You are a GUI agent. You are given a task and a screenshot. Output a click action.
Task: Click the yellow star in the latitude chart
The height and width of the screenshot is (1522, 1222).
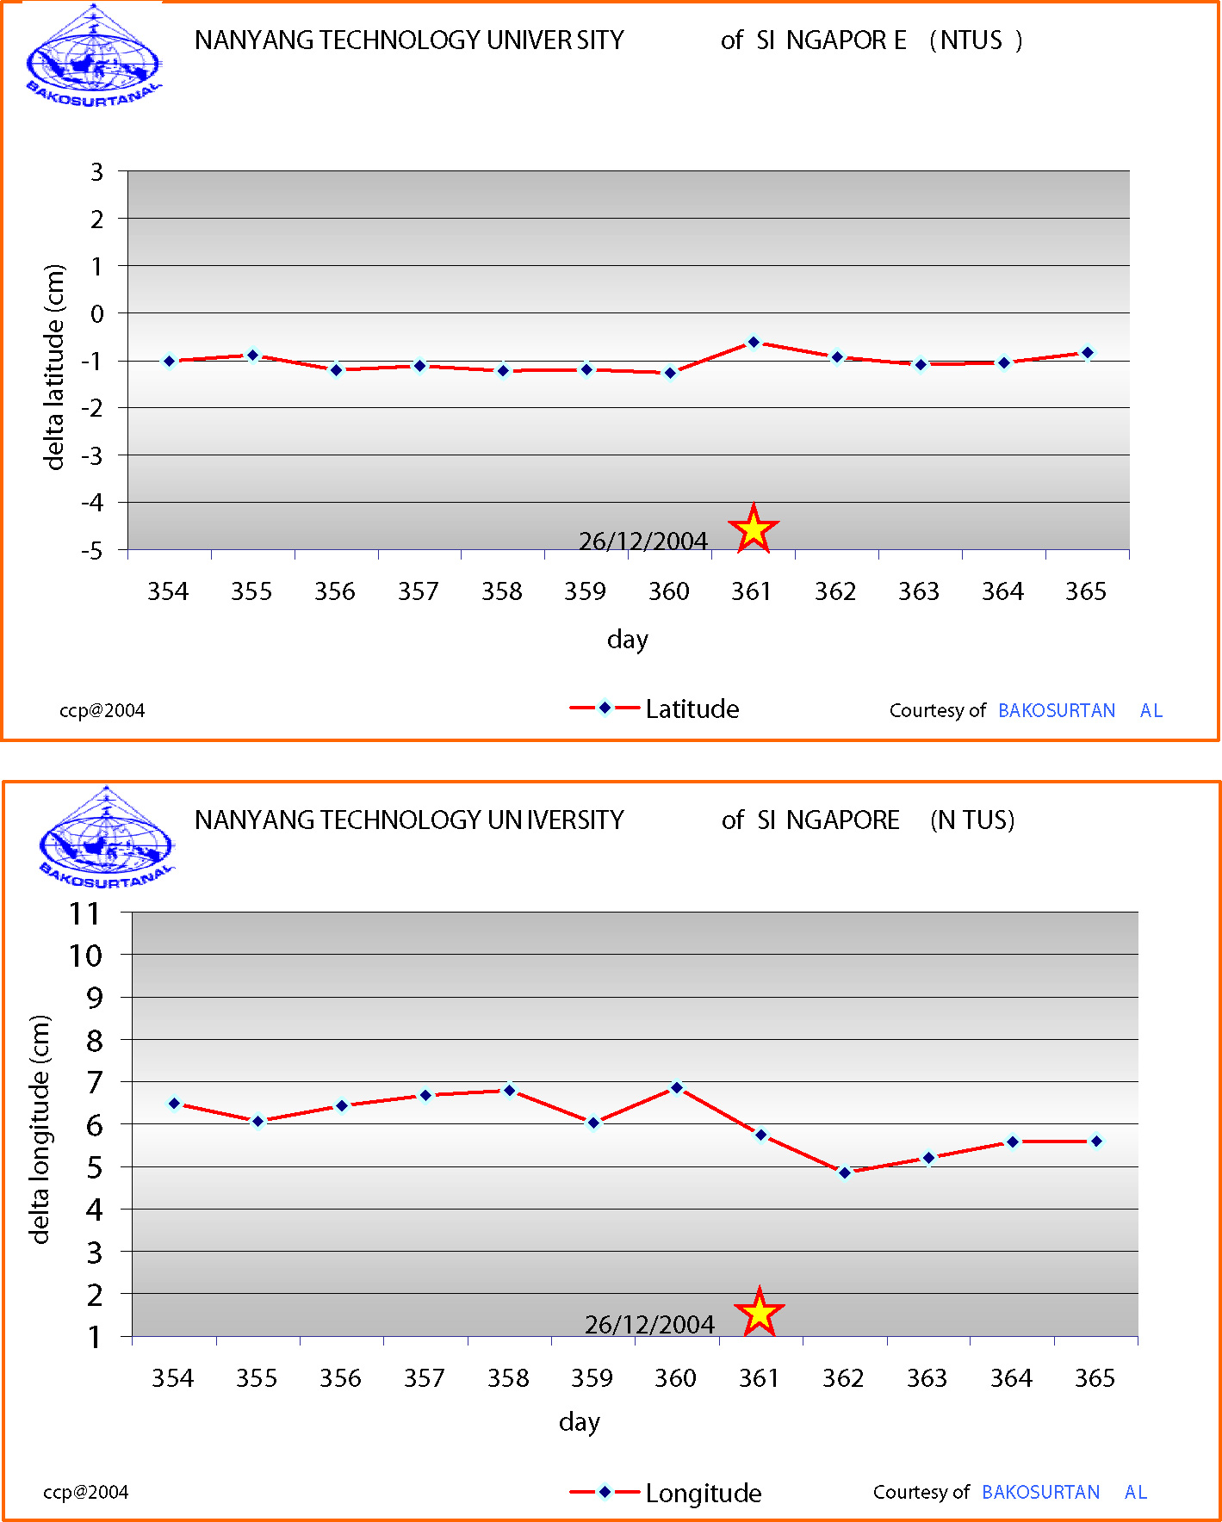tap(754, 529)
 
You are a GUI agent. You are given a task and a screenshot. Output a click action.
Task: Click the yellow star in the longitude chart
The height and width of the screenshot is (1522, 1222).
tap(760, 1314)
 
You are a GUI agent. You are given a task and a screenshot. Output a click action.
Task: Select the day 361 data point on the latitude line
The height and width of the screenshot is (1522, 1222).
tap(754, 343)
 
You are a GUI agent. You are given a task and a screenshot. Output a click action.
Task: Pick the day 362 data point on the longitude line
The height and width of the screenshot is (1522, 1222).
tap(845, 1172)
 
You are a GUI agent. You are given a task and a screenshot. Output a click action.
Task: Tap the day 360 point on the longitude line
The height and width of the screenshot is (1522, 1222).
tap(677, 1088)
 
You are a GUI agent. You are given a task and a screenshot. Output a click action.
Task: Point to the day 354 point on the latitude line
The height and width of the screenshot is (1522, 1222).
tap(170, 362)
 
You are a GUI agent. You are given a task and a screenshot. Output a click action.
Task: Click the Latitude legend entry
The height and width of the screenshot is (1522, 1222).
tap(654, 708)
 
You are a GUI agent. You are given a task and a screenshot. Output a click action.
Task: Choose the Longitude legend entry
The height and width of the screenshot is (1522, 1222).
tap(666, 1493)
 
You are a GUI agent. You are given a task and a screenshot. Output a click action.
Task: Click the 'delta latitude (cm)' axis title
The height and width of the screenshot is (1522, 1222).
tap(54, 367)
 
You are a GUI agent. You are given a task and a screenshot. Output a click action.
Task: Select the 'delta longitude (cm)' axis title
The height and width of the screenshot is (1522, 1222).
tap(39, 1129)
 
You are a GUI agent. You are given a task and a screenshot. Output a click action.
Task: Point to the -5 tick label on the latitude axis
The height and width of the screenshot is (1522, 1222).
tap(91, 550)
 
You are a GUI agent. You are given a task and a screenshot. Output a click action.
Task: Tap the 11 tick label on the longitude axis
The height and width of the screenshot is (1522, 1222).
tap(85, 913)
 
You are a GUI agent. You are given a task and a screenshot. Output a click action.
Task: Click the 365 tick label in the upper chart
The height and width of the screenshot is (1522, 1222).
tap(1086, 591)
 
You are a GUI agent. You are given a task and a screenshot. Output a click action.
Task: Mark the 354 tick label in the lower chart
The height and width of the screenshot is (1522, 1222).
tap(173, 1378)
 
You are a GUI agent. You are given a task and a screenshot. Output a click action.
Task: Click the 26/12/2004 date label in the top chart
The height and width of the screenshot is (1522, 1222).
tap(642, 541)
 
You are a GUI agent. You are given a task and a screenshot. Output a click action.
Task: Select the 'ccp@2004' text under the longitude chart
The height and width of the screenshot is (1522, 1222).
tap(86, 1492)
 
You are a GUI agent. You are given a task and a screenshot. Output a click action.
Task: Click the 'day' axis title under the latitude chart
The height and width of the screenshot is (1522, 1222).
tap(627, 640)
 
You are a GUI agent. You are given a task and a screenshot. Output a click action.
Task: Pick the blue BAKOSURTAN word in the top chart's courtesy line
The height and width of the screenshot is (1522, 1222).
tap(1057, 710)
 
